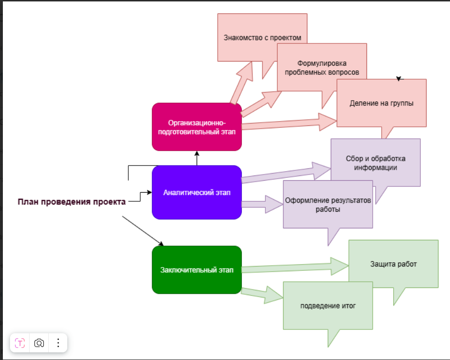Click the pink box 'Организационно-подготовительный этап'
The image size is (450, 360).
pos(197,127)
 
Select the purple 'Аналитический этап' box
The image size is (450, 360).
pos(197,193)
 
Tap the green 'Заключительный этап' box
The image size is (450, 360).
pos(197,270)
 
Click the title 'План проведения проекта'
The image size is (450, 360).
pos(72,202)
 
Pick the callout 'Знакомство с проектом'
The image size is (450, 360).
pos(262,37)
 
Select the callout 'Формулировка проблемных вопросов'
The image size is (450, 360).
pos(321,67)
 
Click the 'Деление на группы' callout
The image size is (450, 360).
pos(381,103)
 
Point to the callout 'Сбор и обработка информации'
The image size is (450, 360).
pos(376,163)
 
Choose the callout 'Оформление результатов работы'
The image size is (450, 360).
pos(327,205)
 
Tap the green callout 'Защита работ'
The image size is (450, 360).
pos(393,264)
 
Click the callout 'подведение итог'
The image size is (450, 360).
pos(327,306)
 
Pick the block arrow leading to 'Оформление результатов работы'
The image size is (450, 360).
pos(262,204)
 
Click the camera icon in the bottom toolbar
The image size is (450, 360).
pos(39,342)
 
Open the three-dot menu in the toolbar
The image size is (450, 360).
pos(58,342)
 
